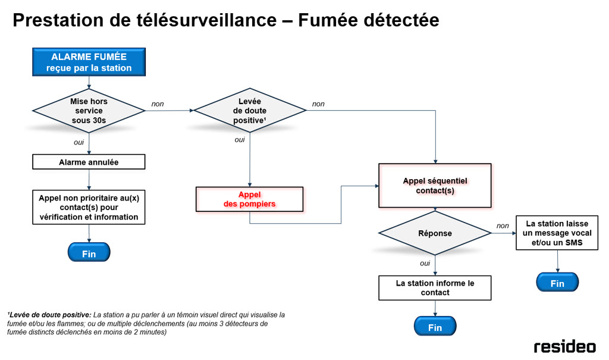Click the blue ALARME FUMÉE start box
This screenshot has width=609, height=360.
pos(89,62)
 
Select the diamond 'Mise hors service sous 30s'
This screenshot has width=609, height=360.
pos(89,111)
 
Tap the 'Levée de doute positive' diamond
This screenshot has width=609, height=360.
pos(250,111)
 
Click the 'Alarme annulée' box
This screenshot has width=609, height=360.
pos(89,162)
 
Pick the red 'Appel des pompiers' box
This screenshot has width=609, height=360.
pos(250,199)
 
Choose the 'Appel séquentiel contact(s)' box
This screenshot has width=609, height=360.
pos(435,186)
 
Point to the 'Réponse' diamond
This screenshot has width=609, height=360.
pos(435,234)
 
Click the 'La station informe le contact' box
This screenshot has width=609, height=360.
pos(435,287)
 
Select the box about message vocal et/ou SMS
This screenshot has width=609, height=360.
pos(557,233)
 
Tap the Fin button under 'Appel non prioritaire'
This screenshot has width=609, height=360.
pos(89,252)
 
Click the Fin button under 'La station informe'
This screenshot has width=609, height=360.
pos(435,327)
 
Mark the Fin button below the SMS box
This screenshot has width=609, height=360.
pos(557,283)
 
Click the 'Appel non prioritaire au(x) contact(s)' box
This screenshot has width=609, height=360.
pos(89,207)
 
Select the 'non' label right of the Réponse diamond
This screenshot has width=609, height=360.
pos(503,226)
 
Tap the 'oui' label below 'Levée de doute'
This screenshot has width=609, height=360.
pos(240,140)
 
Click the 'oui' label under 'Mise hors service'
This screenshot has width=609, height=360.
pos(79,142)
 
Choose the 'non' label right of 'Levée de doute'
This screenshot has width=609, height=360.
pos(318,104)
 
